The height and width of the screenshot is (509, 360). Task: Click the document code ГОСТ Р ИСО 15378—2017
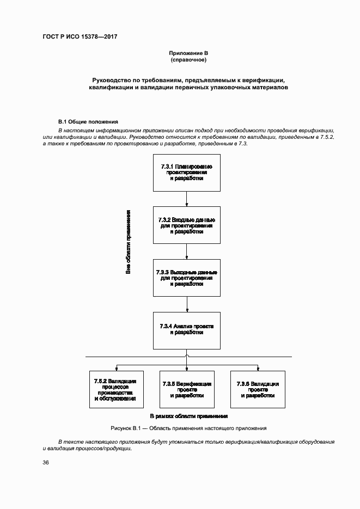pos(80,37)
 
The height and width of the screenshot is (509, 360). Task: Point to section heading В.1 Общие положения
pos(88,121)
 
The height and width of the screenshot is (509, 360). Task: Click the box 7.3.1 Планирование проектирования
pos(186,172)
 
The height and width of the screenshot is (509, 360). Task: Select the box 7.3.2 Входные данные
pos(186,225)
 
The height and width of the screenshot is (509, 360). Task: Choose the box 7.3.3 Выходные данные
pos(186,278)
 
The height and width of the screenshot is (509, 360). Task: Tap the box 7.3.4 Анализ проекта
pos(186,330)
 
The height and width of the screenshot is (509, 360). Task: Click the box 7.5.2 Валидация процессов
pos(115,389)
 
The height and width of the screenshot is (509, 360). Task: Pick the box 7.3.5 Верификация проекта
pos(186,389)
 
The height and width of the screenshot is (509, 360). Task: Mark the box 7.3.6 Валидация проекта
pos(258,389)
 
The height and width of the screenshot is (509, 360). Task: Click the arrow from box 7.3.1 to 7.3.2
pos(186,199)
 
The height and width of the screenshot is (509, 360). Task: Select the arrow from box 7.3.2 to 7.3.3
pos(186,252)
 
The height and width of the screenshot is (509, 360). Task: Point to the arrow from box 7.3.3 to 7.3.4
pos(186,304)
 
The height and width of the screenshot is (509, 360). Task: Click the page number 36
pos(46,463)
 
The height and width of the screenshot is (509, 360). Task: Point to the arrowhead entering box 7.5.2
pos(115,368)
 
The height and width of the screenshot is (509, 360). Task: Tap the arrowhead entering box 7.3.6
pos(258,368)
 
